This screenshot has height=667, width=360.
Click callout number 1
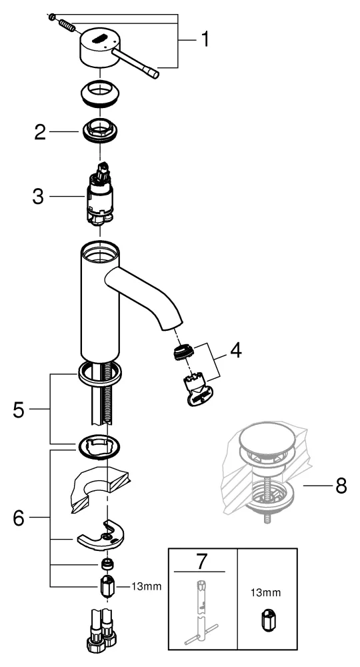(x=205, y=40)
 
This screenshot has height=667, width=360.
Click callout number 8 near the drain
(x=341, y=486)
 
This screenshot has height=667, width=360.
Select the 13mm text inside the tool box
(x=265, y=591)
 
